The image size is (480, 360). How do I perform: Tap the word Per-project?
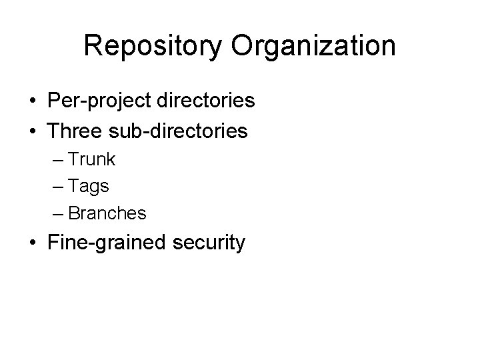tap(99, 101)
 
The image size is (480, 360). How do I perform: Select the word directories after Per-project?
tap(205, 101)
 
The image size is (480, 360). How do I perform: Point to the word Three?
tap(73, 130)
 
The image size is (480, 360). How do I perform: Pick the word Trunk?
tap(91, 160)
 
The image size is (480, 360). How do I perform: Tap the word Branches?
tap(107, 213)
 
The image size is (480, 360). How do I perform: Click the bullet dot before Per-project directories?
tap(32, 102)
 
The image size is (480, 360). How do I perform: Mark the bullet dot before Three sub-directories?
tap(32, 131)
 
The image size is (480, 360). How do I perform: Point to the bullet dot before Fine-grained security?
tap(32, 243)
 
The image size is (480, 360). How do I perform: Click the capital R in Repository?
tap(93, 45)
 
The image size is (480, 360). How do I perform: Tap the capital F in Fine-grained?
tap(53, 243)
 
